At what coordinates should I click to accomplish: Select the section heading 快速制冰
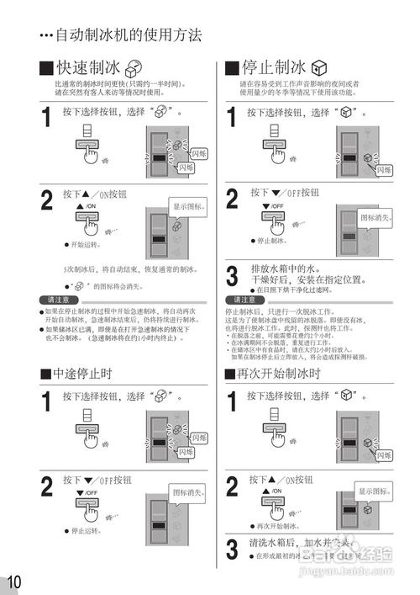tap(92, 68)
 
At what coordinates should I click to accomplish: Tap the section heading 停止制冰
tap(273, 68)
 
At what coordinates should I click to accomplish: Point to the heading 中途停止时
tap(81, 373)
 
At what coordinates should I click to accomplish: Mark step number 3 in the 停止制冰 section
tap(232, 275)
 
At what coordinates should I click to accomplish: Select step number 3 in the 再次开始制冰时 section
tap(232, 550)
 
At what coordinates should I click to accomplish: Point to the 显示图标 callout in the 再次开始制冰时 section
tap(374, 491)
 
